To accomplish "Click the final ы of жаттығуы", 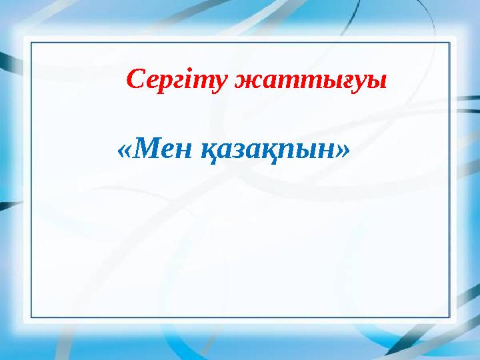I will pos(379,82).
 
